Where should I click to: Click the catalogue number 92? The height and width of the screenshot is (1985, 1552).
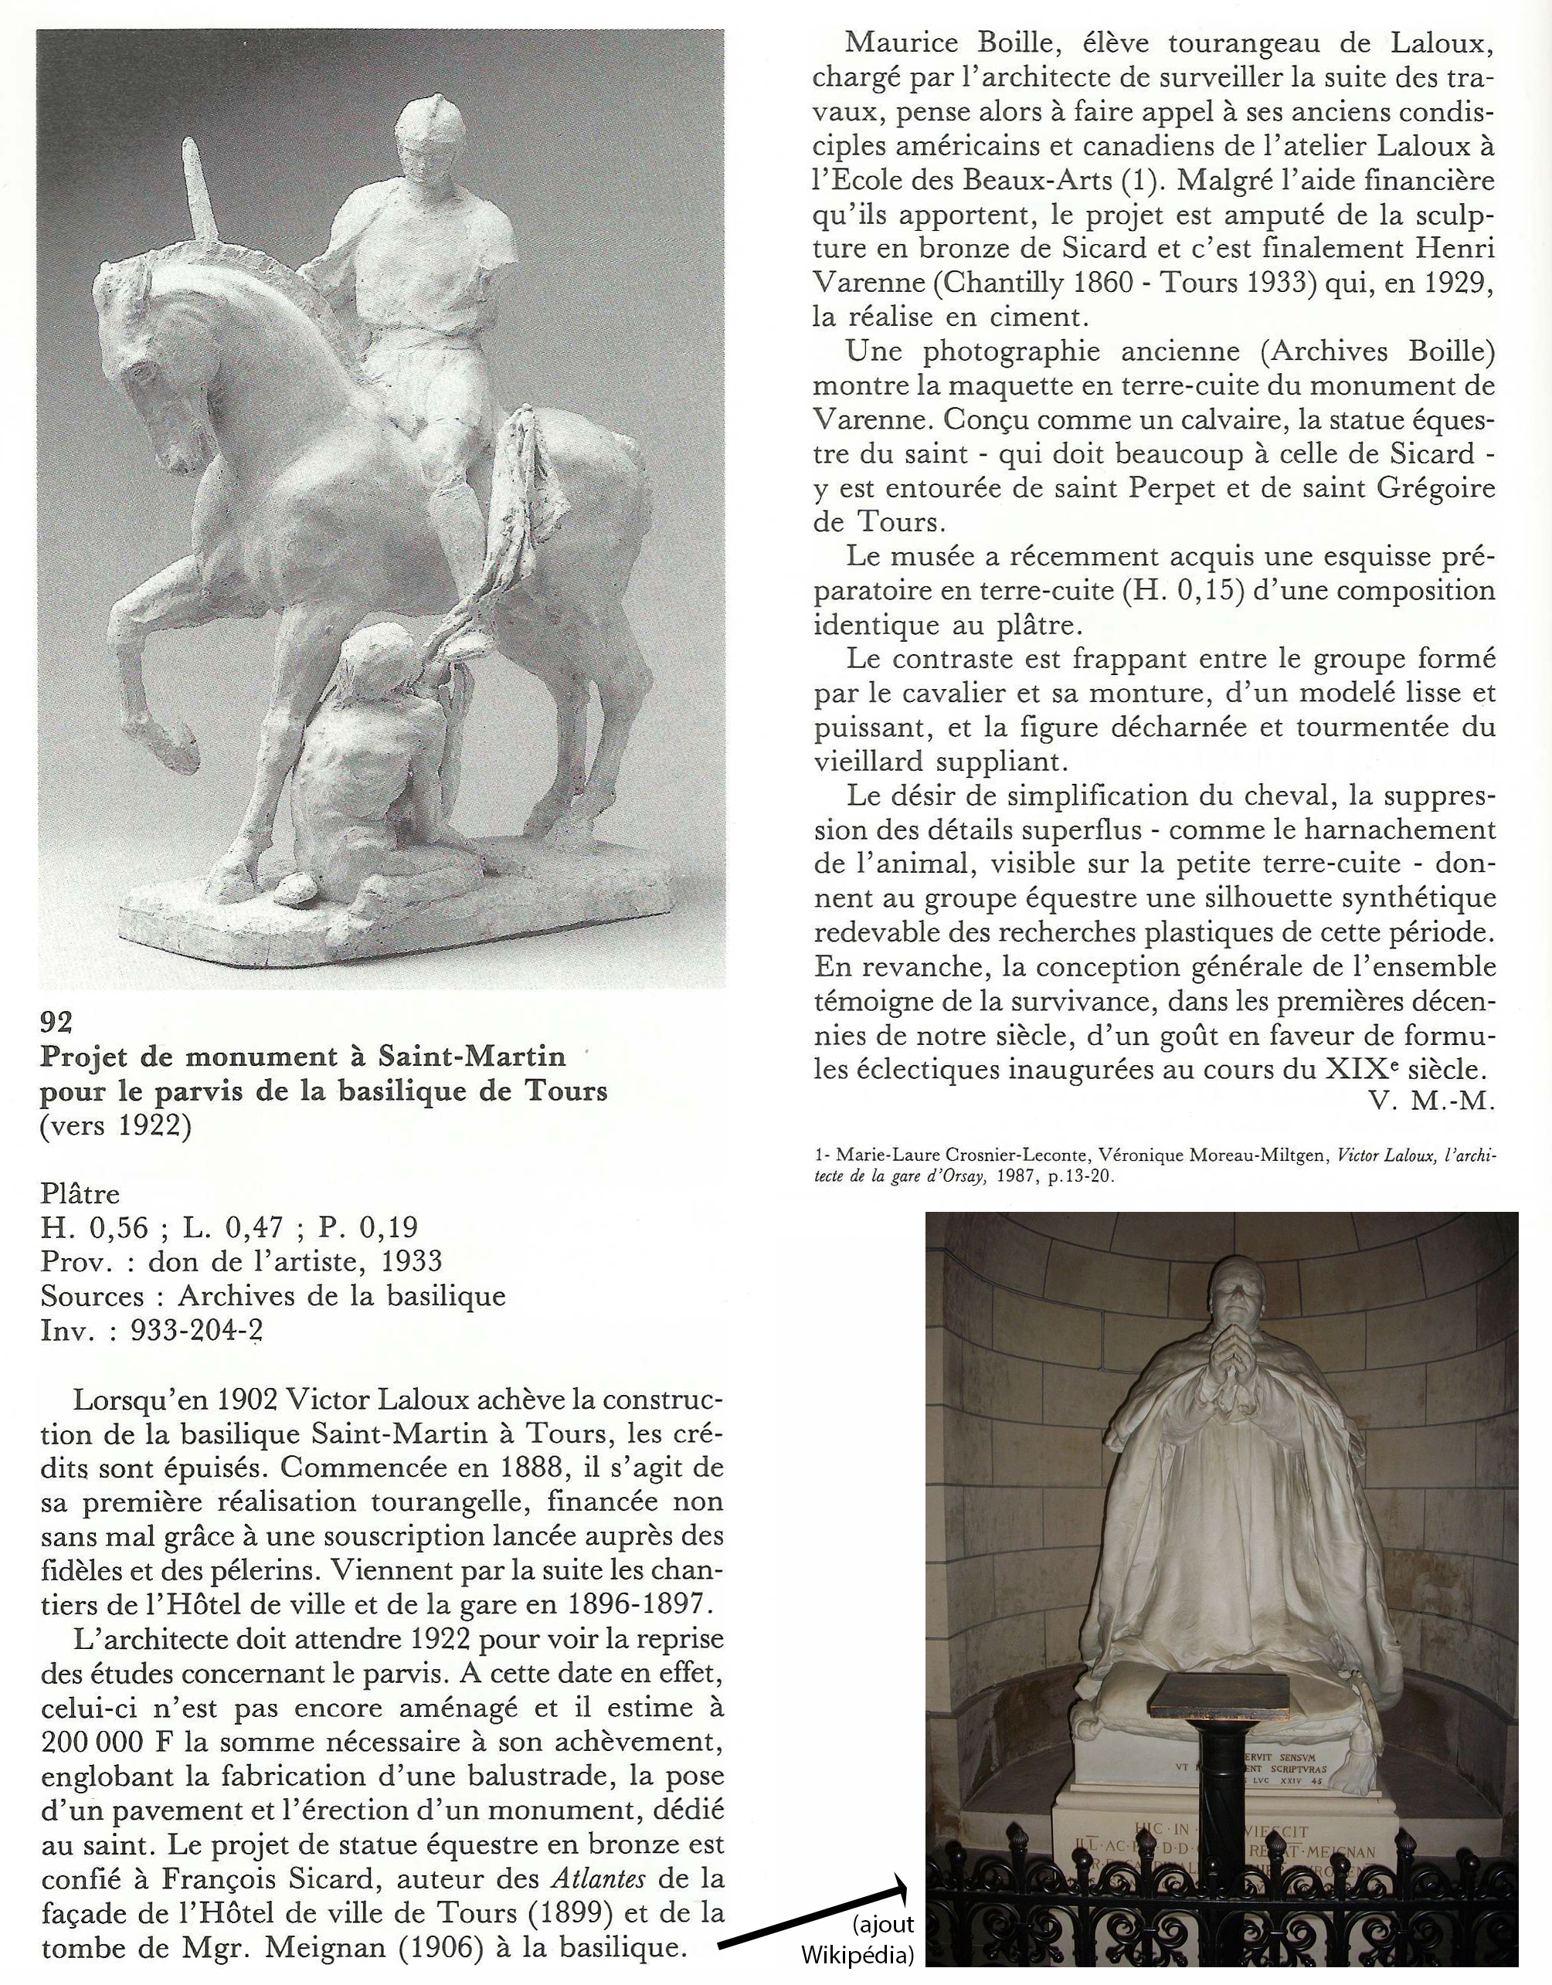coord(56,1023)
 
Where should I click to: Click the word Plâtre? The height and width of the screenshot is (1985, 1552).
coord(80,1193)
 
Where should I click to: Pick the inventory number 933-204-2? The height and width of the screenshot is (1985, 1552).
coord(196,1331)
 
